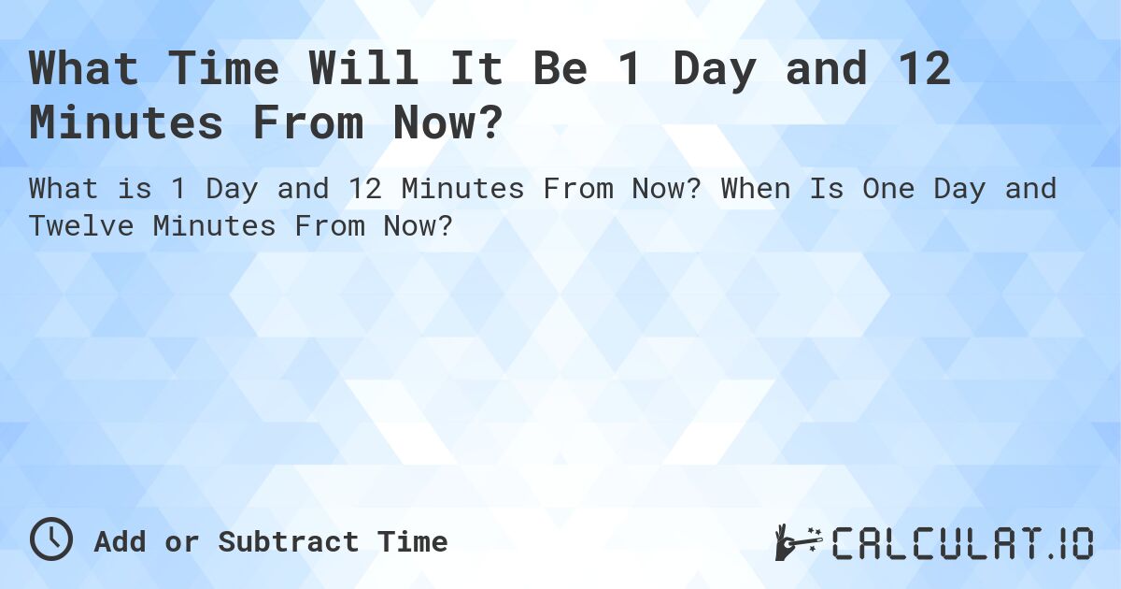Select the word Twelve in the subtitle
pos(92,225)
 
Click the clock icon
pos(50,539)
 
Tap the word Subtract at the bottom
pos(289,542)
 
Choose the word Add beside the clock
pos(119,542)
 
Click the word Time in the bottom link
pos(412,542)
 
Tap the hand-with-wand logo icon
pos(797,541)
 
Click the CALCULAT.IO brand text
pos(962,542)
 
